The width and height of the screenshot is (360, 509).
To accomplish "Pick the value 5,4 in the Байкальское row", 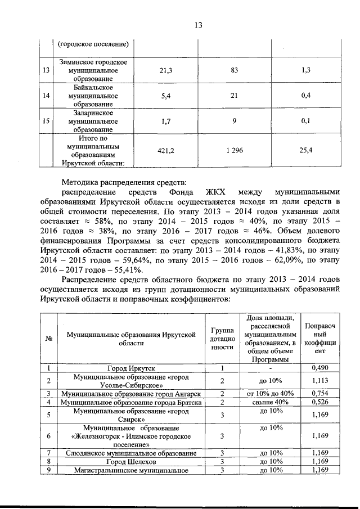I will pyautogui.click(x=166, y=96).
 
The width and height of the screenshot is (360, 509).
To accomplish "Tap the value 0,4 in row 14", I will pyautogui.click(x=306, y=96).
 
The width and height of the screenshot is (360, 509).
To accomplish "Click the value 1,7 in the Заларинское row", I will pyautogui.click(x=166, y=120).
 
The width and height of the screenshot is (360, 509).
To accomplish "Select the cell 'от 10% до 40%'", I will pyautogui.click(x=267, y=393).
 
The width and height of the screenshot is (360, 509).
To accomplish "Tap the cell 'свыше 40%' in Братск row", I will pyautogui.click(x=267, y=402).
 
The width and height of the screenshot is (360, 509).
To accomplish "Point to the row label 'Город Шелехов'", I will pyautogui.click(x=131, y=462).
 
